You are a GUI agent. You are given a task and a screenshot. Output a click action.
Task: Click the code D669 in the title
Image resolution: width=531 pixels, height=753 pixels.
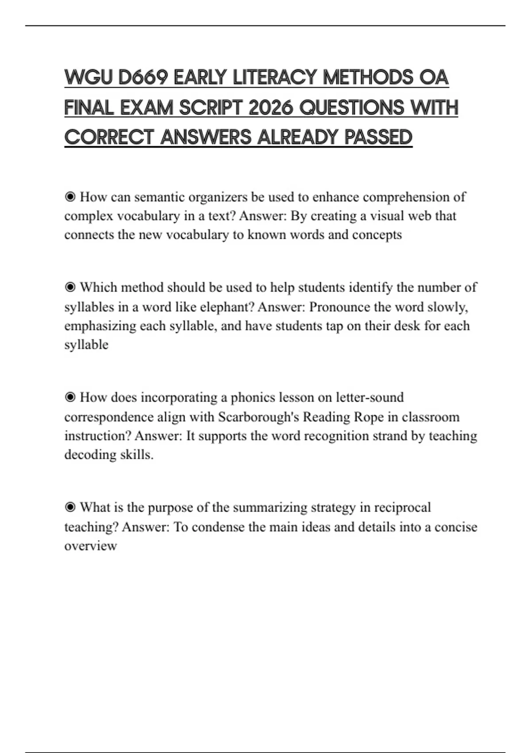[142, 78]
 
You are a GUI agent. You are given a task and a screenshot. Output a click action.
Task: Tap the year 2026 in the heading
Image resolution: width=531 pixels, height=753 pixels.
[270, 108]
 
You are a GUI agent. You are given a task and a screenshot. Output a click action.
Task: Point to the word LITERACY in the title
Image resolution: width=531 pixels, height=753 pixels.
[274, 78]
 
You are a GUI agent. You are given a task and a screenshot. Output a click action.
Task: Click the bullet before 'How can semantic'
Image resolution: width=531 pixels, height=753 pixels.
[70, 197]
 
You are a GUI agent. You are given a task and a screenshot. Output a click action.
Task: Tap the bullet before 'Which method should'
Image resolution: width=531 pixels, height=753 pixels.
[70, 287]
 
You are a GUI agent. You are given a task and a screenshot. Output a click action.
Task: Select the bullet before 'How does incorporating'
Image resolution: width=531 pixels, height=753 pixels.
[70, 397]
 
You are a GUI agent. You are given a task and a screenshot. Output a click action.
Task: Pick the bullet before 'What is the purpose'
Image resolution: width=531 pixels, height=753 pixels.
[70, 507]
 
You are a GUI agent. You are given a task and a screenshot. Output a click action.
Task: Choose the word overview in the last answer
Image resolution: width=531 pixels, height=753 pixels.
[90, 546]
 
